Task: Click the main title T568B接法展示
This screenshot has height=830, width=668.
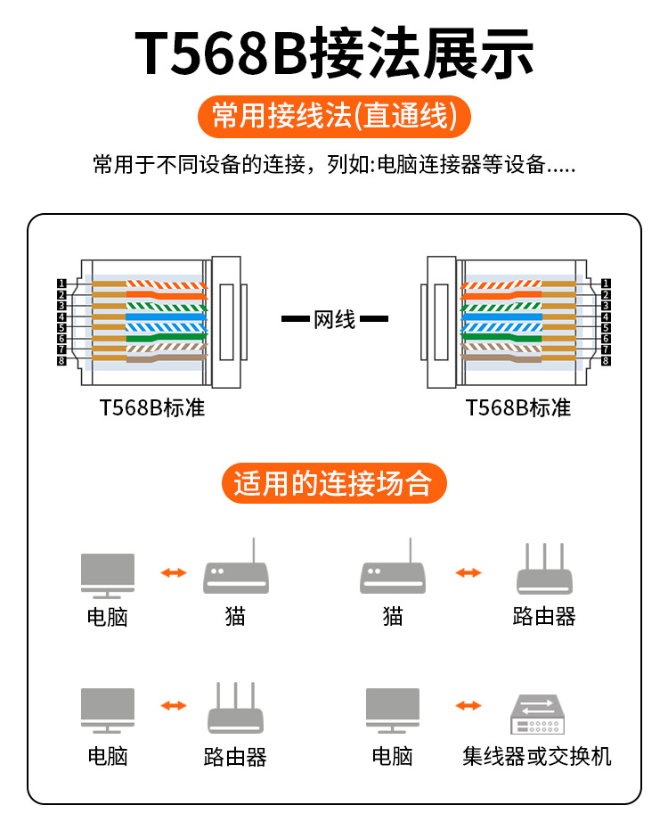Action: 334,53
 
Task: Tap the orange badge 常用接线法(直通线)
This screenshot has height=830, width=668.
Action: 334,116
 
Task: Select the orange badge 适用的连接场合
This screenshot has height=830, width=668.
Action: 333,483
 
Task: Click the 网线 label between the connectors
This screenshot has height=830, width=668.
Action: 335,319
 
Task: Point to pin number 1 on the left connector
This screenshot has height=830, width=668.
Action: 61,284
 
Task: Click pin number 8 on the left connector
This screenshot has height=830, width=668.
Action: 61,360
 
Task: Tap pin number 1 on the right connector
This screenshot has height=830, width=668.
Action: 606,284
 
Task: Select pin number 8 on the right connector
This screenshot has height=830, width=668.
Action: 606,360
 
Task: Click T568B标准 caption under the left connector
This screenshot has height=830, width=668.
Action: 151,408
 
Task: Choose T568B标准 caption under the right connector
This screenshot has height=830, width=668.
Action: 517,408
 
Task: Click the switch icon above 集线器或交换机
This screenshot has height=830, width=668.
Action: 537,714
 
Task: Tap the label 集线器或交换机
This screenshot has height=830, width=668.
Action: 537,757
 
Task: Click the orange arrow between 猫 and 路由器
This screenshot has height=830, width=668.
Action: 468,572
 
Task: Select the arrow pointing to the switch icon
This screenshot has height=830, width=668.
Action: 468,706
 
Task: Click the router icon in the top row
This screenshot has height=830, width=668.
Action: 543,571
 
